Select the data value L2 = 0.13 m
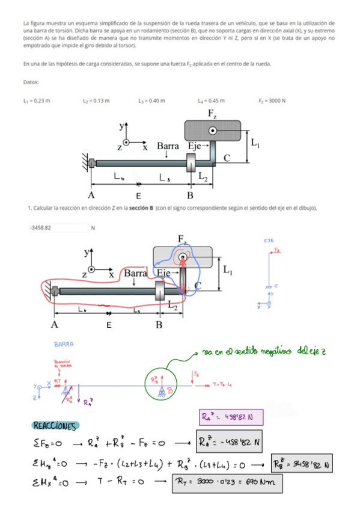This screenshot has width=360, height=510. click(x=96, y=100)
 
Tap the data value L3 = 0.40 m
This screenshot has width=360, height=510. click(x=151, y=100)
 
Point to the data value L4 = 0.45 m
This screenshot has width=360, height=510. click(x=211, y=100)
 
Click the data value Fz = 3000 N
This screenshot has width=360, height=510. click(x=272, y=100)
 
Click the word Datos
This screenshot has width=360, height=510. click(x=31, y=82)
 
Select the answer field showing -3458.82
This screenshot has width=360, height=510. click(x=57, y=228)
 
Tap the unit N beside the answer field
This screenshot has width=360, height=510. click(x=93, y=228)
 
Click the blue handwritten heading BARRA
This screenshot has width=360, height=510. click(x=64, y=345)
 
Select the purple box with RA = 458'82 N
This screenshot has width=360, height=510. click(x=227, y=416)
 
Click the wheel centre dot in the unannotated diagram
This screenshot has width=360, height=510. click(x=213, y=130)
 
